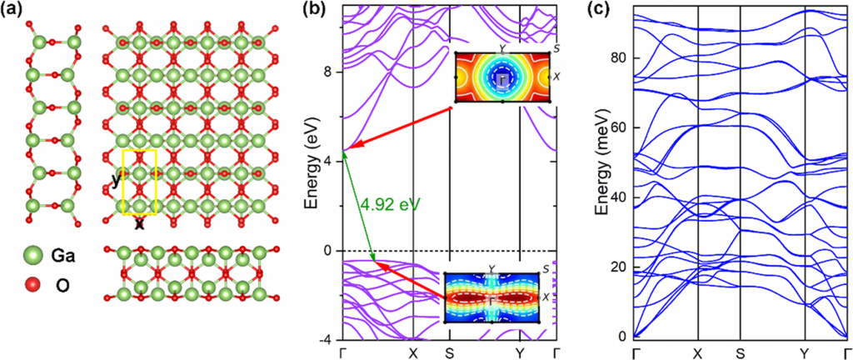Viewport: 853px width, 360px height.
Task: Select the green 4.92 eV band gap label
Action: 386,202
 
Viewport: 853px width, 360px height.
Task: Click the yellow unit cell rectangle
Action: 139,182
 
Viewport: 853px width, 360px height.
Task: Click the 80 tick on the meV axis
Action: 617,57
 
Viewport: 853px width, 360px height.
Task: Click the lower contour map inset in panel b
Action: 492,297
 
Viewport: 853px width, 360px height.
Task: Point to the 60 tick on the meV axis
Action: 617,127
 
